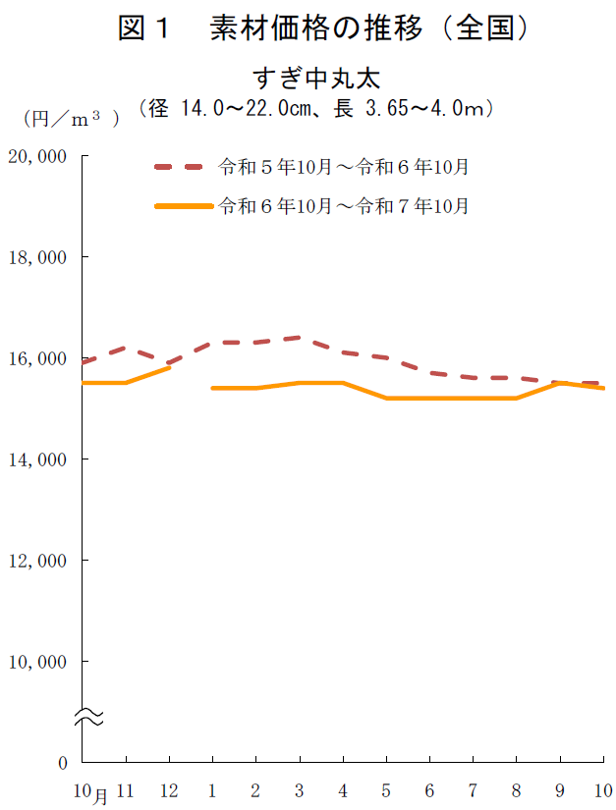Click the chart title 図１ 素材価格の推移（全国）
pyautogui.click(x=324, y=28)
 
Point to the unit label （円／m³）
pyautogui.click(x=70, y=118)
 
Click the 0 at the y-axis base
pyautogui.click(x=61, y=762)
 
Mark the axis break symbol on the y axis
pyautogui.click(x=89, y=717)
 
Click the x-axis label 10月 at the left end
pyautogui.click(x=90, y=792)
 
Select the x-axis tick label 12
pyautogui.click(x=169, y=790)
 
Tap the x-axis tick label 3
pyautogui.click(x=299, y=790)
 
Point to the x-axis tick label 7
pyautogui.click(x=473, y=790)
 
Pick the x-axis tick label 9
pyautogui.click(x=560, y=790)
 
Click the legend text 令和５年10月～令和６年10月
pyautogui.click(x=343, y=167)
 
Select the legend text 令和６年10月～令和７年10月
pyautogui.click(x=343, y=206)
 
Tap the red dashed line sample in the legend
pyautogui.click(x=183, y=167)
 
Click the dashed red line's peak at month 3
pyautogui.click(x=299, y=338)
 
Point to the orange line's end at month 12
pyautogui.click(x=169, y=368)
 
